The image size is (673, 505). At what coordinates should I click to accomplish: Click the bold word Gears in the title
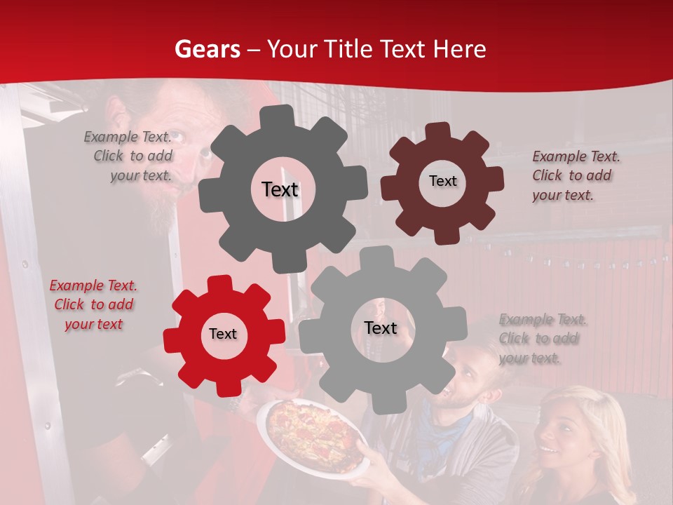[x=206, y=49]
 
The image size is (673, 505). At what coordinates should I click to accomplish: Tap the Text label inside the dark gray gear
[x=280, y=189]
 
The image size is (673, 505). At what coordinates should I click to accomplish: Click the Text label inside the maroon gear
[x=442, y=181]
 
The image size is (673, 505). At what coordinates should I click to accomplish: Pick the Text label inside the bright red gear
[x=223, y=335]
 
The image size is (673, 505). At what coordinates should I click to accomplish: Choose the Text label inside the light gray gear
[x=381, y=328]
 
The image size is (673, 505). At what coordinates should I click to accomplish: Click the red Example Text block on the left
[x=93, y=305]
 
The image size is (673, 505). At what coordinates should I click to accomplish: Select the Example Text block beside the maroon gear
[x=576, y=175]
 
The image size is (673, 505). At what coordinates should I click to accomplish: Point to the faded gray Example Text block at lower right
[x=542, y=339]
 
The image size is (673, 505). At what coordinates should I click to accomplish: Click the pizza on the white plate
[x=311, y=433]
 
